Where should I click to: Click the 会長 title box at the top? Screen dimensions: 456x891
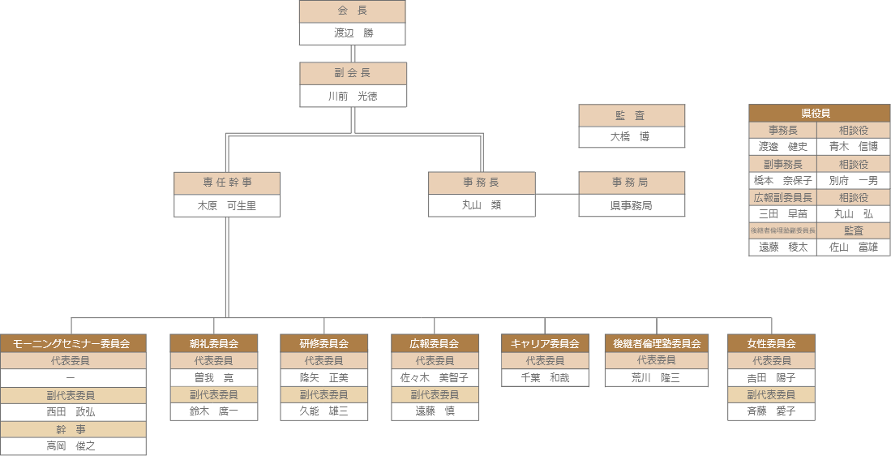tap(352, 11)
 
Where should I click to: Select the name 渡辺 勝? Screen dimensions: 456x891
tap(352, 34)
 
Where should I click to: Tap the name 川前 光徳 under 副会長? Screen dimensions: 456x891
tap(353, 96)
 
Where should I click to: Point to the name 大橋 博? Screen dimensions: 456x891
tap(631, 137)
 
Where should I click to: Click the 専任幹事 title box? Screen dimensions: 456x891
tap(226, 183)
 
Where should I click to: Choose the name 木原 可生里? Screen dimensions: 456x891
tap(226, 206)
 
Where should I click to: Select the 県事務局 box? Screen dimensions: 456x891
tap(631, 206)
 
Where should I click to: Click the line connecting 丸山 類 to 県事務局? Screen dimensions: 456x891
tap(556, 194)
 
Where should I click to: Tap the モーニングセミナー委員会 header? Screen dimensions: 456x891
tap(72, 343)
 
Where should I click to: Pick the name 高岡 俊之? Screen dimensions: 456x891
tap(72, 445)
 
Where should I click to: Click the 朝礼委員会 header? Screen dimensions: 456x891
tap(214, 343)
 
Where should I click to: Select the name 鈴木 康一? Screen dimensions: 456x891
tap(214, 411)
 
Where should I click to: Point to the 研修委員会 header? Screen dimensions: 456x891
tap(323, 343)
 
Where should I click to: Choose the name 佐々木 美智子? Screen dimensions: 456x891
tap(435, 377)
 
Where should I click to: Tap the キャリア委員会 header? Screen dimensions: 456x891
tap(545, 343)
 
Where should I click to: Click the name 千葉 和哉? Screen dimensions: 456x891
tap(545, 377)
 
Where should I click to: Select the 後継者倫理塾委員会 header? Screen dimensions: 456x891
tap(657, 343)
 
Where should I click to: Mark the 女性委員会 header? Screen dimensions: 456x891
tap(771, 343)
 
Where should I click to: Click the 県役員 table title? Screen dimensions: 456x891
tap(819, 113)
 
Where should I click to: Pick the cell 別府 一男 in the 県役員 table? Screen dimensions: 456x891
tap(853, 180)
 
